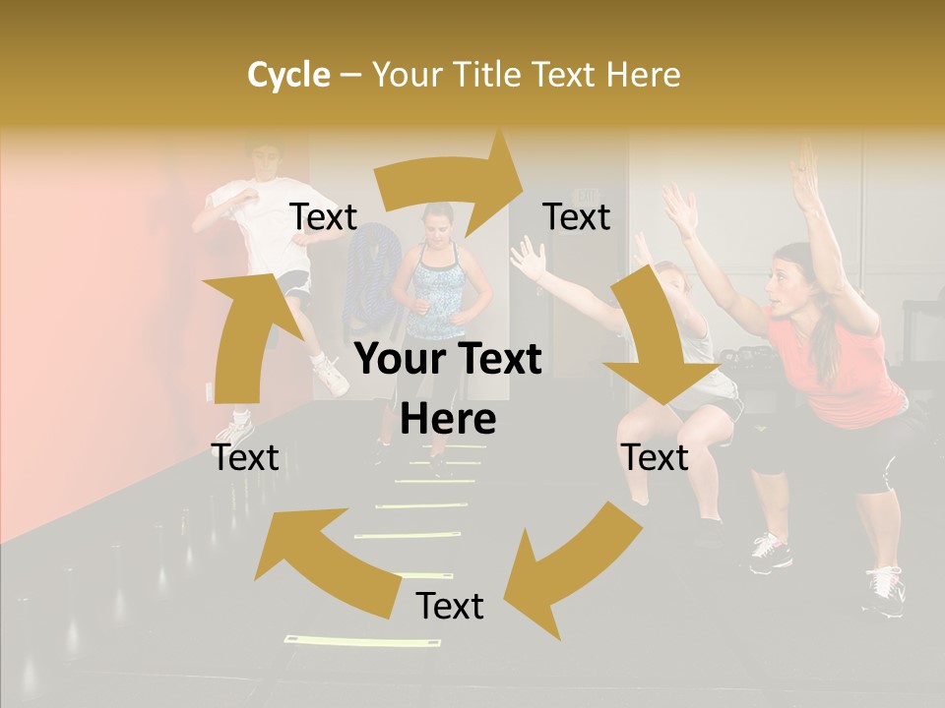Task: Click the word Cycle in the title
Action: coord(288,75)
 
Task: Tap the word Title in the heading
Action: coord(489,75)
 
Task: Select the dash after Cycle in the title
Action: coord(349,76)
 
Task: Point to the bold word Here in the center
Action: coord(448,420)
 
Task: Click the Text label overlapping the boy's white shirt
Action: coord(323,217)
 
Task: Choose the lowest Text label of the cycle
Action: coord(450,607)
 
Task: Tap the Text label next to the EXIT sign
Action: coord(577,217)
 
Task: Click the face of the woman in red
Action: coord(784,284)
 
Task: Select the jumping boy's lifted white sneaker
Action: coord(329,375)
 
